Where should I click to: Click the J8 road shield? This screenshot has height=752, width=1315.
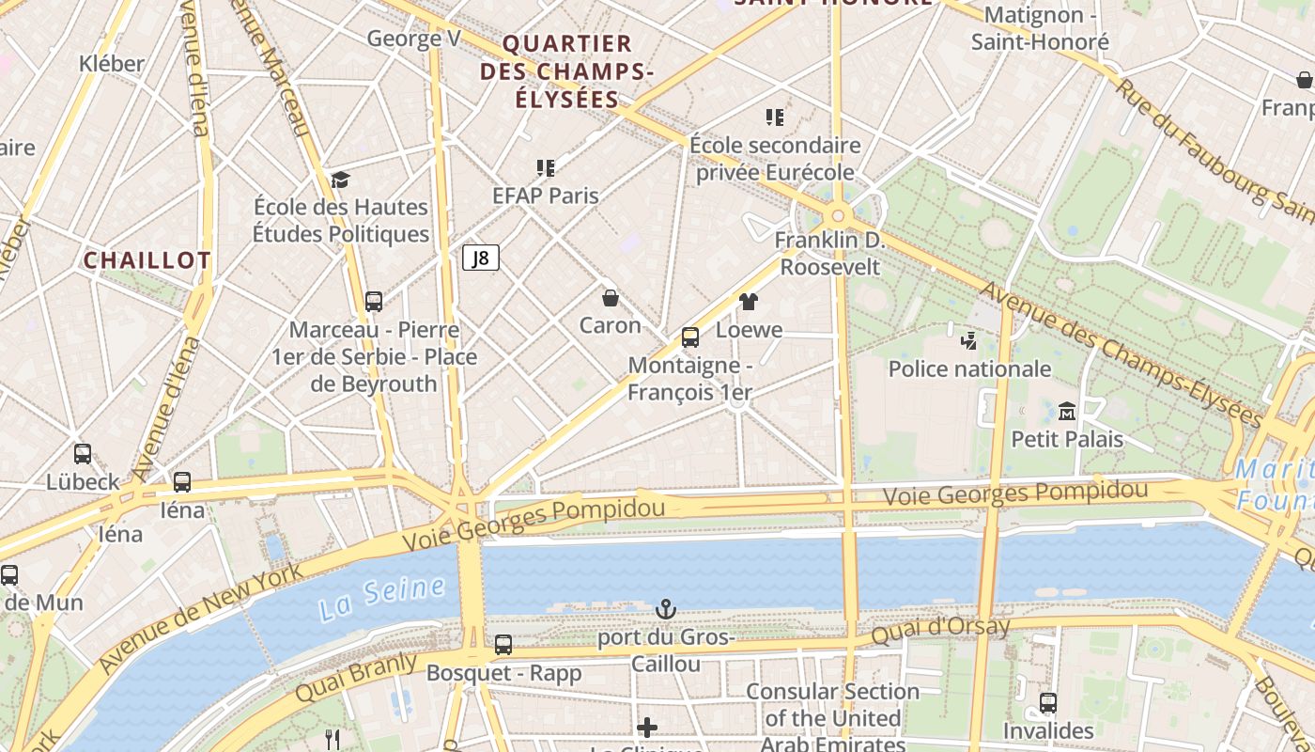(x=480, y=258)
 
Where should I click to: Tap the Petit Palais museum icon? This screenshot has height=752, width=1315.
(x=1067, y=411)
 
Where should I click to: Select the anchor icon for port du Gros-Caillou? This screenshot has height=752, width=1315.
(x=665, y=609)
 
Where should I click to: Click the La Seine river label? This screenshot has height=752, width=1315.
(x=381, y=599)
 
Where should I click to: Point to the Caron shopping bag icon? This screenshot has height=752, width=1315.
(x=611, y=298)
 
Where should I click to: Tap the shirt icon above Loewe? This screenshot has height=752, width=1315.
(x=748, y=301)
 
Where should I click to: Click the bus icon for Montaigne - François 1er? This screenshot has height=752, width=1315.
(x=690, y=337)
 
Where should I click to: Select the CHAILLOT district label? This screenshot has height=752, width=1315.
(x=147, y=260)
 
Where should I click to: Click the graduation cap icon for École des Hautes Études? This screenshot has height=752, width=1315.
(x=340, y=180)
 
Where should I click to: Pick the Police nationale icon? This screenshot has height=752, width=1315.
(x=968, y=340)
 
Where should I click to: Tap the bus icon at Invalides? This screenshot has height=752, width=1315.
(x=1048, y=702)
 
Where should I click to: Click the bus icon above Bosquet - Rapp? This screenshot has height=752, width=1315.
(x=503, y=645)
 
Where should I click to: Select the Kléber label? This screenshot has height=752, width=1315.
(x=112, y=64)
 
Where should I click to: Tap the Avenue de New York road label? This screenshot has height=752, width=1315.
(x=201, y=618)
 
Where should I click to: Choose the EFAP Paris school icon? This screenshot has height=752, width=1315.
(x=546, y=168)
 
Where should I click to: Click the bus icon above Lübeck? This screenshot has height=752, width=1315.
(x=83, y=454)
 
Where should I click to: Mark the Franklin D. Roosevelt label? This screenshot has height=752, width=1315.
(x=830, y=254)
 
